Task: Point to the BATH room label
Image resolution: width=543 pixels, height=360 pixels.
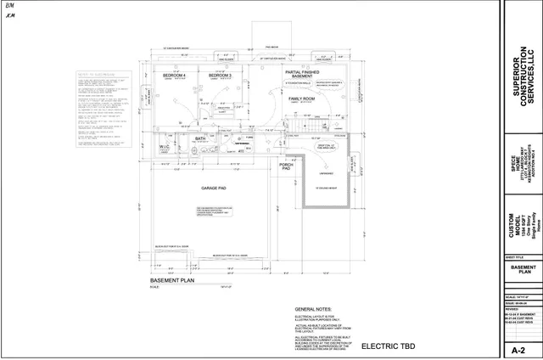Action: [x=200, y=138]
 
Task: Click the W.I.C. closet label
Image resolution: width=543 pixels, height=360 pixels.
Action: [x=165, y=146]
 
